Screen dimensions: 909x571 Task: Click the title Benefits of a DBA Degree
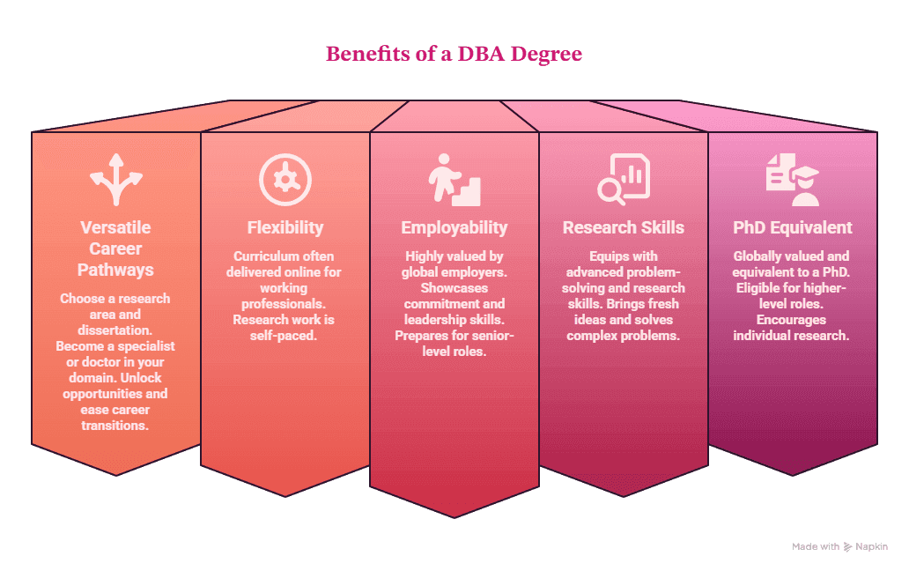(x=454, y=54)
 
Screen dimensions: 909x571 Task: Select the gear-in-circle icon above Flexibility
(x=285, y=180)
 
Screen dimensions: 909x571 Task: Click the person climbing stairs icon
(x=454, y=180)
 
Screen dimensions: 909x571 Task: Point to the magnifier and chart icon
(x=624, y=180)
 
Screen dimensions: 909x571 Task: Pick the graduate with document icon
(x=793, y=180)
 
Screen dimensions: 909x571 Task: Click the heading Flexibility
(x=285, y=228)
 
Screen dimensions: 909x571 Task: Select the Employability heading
(x=454, y=228)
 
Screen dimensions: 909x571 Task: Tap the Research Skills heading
(x=624, y=227)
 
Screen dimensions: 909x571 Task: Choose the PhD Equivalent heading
(x=793, y=227)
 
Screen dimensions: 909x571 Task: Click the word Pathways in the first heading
(x=116, y=271)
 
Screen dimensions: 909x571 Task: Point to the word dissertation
(x=114, y=330)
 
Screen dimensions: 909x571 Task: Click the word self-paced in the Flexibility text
(x=284, y=336)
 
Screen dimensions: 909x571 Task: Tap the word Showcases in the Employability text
(x=454, y=288)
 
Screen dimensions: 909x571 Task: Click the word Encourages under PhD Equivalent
(x=791, y=320)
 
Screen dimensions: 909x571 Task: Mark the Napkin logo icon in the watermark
(x=847, y=546)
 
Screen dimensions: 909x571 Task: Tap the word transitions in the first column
(x=115, y=426)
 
